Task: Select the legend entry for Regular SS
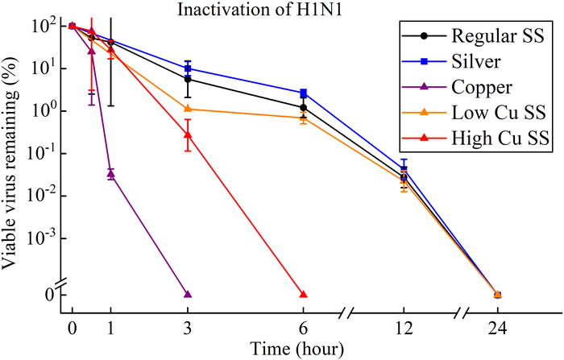475,36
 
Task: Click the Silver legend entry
475,61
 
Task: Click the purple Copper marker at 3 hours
188,295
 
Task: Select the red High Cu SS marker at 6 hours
303,295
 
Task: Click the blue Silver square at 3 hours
188,68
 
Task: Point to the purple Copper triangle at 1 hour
110,173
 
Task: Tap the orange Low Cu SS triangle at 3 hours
188,109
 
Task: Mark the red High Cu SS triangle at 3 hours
188,135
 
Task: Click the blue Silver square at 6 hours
303,93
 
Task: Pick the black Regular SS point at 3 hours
188,79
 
